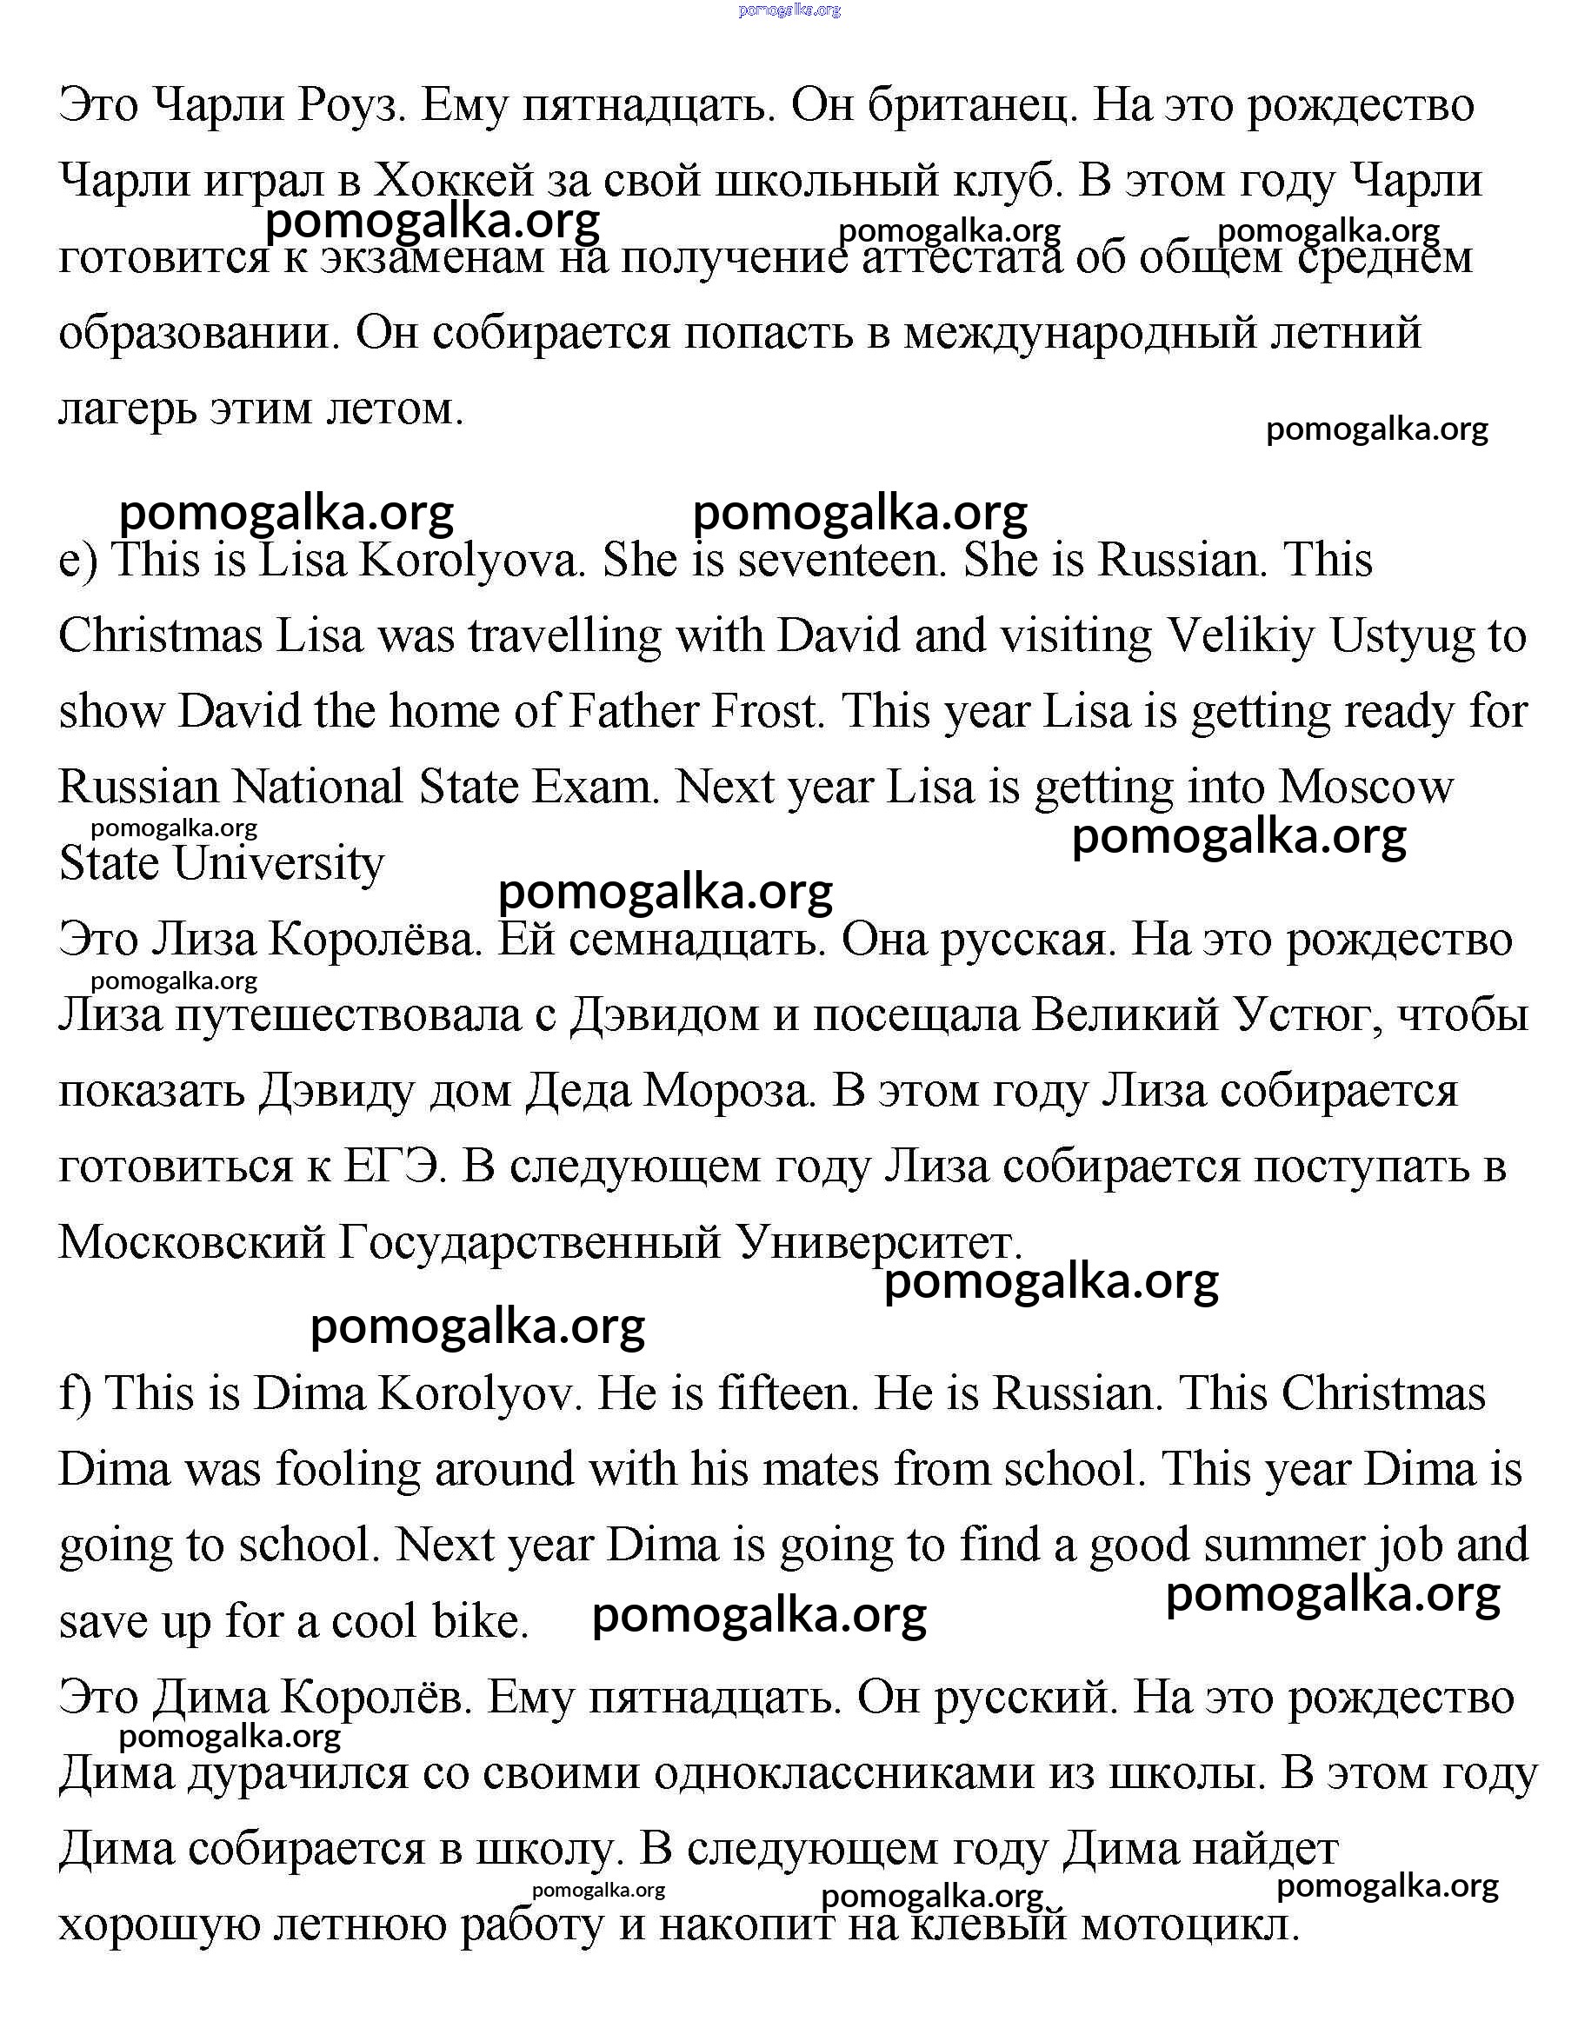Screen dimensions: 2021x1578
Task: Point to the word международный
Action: click(x=1080, y=333)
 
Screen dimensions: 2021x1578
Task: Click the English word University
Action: click(x=277, y=864)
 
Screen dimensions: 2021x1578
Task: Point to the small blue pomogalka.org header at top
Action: click(x=789, y=10)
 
